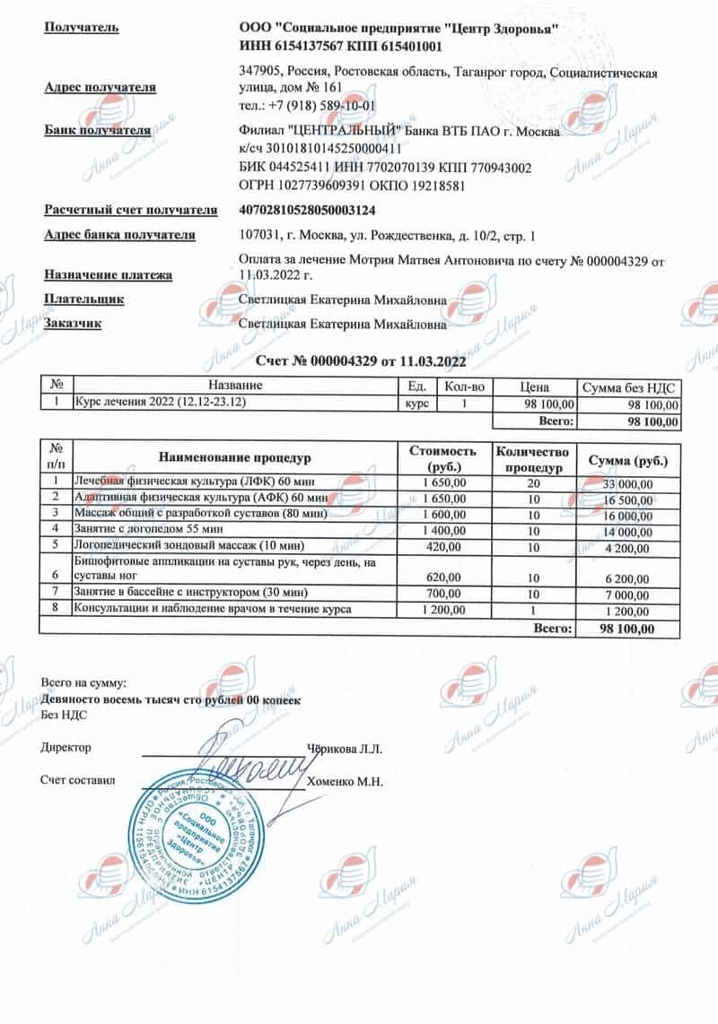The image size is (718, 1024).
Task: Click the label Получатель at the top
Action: tap(81, 28)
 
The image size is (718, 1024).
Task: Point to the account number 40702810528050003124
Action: tap(308, 210)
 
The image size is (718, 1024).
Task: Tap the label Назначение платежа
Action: tap(108, 275)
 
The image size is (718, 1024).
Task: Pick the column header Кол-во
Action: tap(464, 386)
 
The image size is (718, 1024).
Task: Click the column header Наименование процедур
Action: tap(235, 458)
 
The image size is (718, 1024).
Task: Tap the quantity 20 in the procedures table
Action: tap(533, 482)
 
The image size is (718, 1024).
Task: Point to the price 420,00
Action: tap(442, 544)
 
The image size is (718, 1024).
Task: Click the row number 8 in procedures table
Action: tap(56, 610)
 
